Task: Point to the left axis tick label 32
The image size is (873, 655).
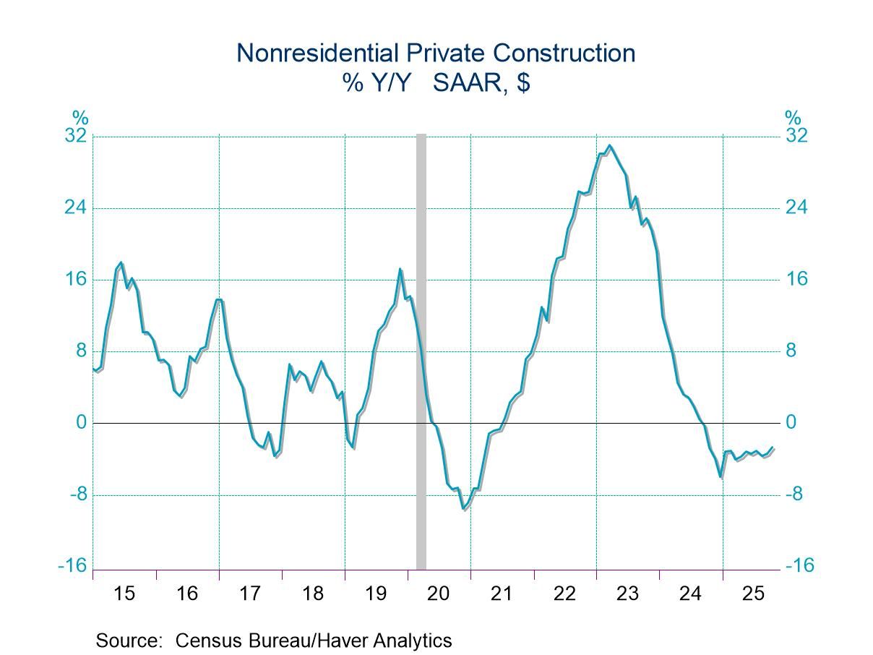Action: point(75,136)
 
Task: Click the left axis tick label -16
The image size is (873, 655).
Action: point(72,566)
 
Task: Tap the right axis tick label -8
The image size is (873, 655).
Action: point(798,495)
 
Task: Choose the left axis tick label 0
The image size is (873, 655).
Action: point(81,422)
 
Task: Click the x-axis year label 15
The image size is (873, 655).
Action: point(124,594)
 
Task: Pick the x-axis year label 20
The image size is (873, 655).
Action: point(439,594)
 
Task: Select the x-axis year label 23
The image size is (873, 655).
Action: point(627,594)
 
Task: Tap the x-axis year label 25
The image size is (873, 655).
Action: point(753,594)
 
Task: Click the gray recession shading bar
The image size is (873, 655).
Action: point(421,347)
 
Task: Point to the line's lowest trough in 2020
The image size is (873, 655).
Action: point(464,509)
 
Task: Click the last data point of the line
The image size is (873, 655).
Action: point(773,448)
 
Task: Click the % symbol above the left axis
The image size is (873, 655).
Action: point(79,117)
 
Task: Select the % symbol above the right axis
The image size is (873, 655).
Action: point(793,117)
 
